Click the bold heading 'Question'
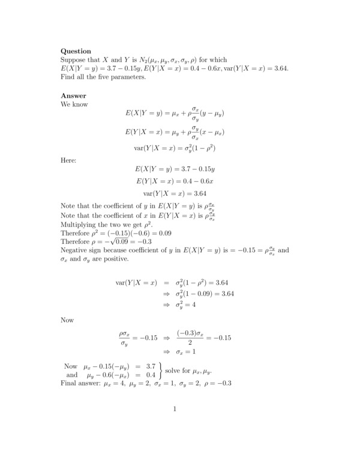pyautogui.click(x=76, y=52)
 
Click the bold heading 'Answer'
pyautogui.click(x=73, y=95)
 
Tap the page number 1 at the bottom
pyautogui.click(x=174, y=410)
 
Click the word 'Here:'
pyautogui.click(x=69, y=160)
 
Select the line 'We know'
pyautogui.click(x=74, y=104)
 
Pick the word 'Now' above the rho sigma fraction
pyautogui.click(x=67, y=320)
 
